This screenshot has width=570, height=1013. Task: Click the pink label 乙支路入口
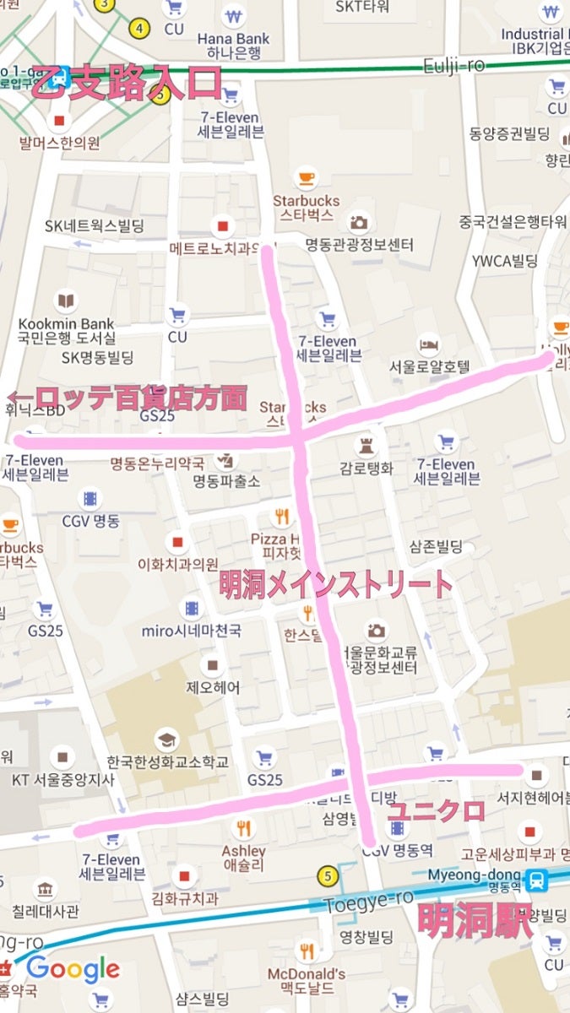click(127, 84)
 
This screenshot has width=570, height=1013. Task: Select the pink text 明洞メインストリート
click(335, 583)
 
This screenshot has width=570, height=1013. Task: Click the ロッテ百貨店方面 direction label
click(128, 398)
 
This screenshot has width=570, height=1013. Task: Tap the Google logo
click(73, 969)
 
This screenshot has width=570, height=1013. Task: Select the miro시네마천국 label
click(192, 631)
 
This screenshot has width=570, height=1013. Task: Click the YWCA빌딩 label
click(504, 261)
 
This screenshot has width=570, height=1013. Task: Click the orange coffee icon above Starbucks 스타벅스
click(306, 179)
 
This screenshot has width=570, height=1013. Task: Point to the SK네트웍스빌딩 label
click(95, 226)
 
